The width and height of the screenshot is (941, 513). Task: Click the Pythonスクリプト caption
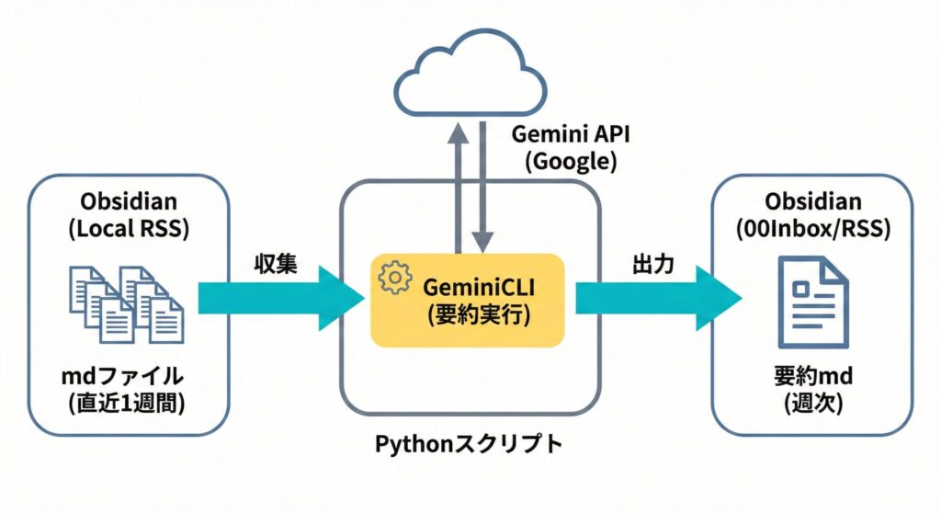coord(469,444)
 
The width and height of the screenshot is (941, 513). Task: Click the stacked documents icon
coord(127,303)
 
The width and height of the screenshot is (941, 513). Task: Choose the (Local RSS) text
coord(128,230)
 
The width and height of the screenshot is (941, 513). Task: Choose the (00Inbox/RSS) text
coord(812,230)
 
